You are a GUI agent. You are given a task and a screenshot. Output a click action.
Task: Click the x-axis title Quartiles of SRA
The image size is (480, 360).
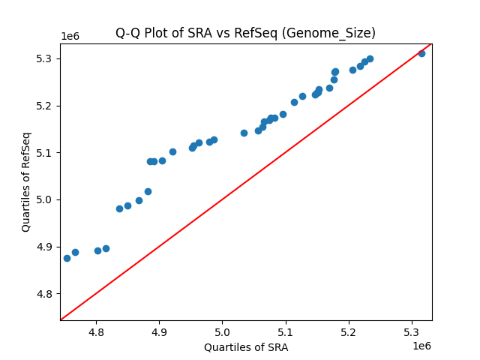(245, 347)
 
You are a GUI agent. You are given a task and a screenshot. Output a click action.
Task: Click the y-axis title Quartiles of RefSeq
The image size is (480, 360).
(26, 181)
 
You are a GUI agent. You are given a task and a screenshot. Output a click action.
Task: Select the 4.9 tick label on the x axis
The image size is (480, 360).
(159, 331)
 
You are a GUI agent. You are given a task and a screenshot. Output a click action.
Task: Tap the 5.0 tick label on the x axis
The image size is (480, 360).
(223, 331)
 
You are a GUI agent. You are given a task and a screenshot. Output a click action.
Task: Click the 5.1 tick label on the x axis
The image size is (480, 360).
(286, 331)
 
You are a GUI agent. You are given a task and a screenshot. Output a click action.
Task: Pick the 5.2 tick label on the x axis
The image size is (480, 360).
(349, 331)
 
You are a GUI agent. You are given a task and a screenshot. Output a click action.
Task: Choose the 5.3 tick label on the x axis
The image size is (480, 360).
(412, 331)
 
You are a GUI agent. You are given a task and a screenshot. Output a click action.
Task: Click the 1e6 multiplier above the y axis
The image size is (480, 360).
(70, 36)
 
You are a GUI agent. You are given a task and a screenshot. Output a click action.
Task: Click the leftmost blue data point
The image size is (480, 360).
(67, 258)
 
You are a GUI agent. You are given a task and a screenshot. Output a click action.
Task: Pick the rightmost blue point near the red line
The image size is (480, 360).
(421, 53)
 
